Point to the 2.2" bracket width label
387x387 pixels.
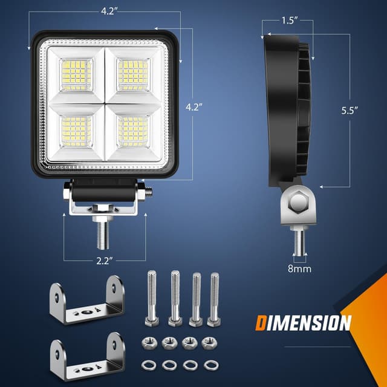click(x=103, y=261)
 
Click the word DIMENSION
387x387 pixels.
click(x=302, y=323)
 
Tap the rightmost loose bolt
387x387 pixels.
click(x=213, y=299)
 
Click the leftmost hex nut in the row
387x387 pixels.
click(x=149, y=343)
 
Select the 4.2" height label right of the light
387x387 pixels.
click(x=193, y=107)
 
